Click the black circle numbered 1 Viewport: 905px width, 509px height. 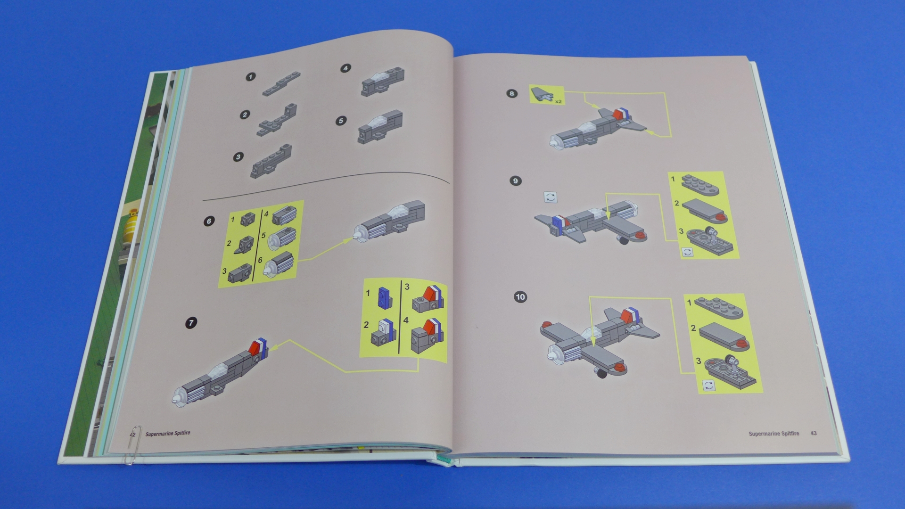[x=251, y=76]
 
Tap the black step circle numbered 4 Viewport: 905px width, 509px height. [x=346, y=68]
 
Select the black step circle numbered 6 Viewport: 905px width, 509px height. [x=209, y=221]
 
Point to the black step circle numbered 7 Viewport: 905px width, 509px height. [x=191, y=323]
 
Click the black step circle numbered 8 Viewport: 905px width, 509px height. [x=512, y=93]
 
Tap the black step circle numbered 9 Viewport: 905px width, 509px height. [x=516, y=181]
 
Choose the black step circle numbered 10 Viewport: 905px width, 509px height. [x=520, y=297]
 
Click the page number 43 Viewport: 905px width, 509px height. [x=814, y=433]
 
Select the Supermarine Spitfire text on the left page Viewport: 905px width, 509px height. [x=168, y=433]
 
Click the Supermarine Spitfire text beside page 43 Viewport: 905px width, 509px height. [x=774, y=434]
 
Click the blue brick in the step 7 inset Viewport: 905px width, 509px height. [x=385, y=296]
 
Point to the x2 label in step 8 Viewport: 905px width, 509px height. [x=558, y=101]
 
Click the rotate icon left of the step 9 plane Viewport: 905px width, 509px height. [x=551, y=197]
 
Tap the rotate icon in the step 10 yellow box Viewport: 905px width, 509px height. [x=708, y=385]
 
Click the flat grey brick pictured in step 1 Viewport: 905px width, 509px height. [x=281, y=84]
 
